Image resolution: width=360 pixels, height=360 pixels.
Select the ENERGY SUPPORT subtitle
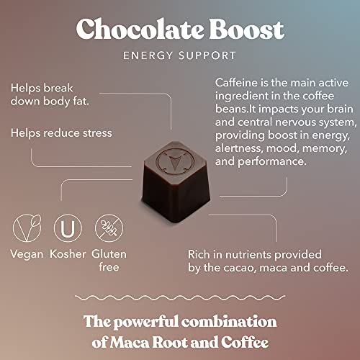point(180,55)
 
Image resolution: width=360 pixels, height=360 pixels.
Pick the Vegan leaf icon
point(25,230)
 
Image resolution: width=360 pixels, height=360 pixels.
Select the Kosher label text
point(68,255)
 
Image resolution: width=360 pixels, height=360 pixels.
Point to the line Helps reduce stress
point(62,132)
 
